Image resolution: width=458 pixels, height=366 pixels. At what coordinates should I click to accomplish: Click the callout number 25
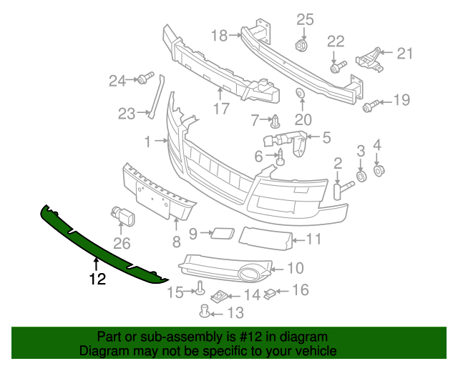click(x=306, y=19)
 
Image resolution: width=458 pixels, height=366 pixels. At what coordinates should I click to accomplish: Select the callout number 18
click(x=219, y=34)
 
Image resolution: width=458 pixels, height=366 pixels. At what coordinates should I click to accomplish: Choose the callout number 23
click(x=127, y=113)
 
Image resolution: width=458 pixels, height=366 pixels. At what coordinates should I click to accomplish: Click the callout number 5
click(x=326, y=137)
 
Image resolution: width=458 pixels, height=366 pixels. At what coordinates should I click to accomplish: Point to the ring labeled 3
click(x=361, y=176)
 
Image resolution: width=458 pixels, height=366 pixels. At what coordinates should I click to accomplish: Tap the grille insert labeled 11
click(x=265, y=237)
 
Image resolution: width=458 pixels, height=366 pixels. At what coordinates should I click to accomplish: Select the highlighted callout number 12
click(x=97, y=279)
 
